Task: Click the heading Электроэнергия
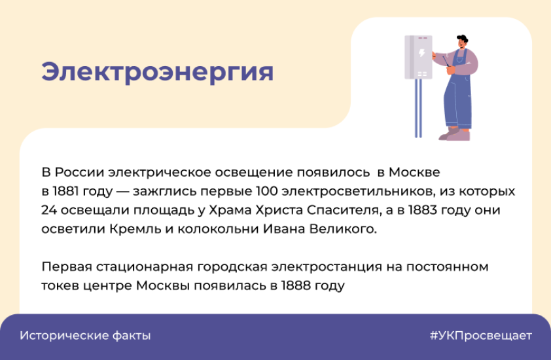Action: (158, 73)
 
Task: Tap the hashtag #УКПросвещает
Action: (481, 335)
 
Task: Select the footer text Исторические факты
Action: (85, 335)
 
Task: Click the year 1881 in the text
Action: (65, 191)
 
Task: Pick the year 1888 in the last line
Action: (296, 285)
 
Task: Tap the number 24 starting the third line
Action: (49, 210)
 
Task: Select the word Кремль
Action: (135, 229)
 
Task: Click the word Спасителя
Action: (343, 210)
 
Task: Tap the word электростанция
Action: (327, 267)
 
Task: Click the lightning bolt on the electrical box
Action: (421, 53)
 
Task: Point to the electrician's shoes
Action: (455, 134)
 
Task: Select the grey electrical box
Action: (418, 57)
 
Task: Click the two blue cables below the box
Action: (418, 108)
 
